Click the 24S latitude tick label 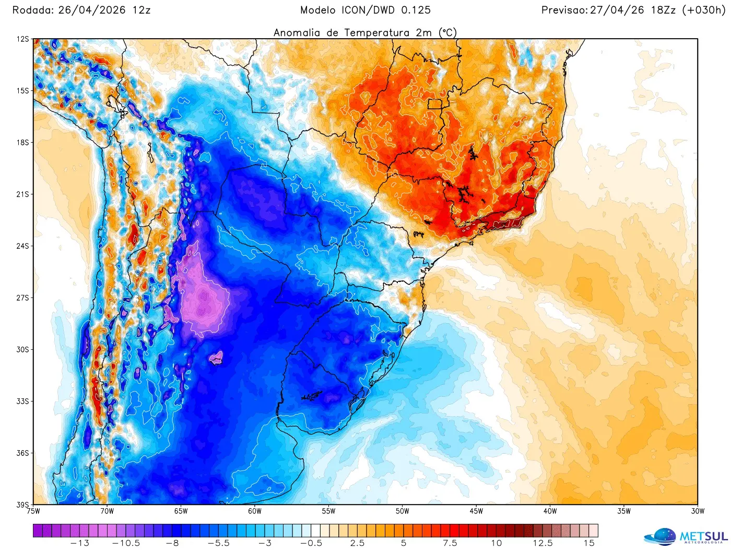point(22,246)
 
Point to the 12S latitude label point(22,39)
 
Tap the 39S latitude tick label point(22,505)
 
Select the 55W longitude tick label point(328,511)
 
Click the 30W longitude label point(698,511)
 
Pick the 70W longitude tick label point(107,511)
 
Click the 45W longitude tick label point(476,511)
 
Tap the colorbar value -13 point(79,543)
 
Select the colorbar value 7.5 point(450,543)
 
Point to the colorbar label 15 point(589,543)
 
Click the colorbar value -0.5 point(311,543)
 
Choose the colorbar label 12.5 point(543,543)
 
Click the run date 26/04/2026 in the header point(92,10)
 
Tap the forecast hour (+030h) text point(703,10)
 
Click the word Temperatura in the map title point(376,32)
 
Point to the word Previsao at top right point(564,10)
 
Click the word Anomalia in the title point(297,32)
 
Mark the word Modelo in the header point(318,10)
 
